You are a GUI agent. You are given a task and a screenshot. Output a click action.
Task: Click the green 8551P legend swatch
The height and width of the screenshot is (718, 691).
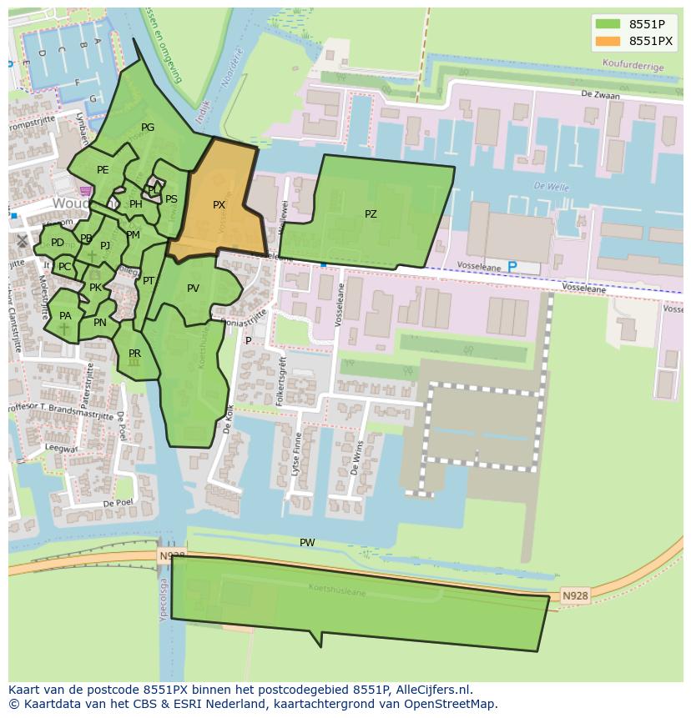(608, 24)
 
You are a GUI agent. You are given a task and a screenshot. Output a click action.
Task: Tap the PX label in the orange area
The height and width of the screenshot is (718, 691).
(219, 205)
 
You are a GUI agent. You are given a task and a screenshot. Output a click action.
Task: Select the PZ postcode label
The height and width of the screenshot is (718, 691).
(371, 214)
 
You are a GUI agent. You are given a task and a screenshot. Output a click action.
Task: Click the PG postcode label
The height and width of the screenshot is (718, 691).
(148, 128)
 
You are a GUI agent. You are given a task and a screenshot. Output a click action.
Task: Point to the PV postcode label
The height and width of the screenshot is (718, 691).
(193, 289)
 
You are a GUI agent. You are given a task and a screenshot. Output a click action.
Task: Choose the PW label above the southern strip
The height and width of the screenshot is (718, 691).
(307, 543)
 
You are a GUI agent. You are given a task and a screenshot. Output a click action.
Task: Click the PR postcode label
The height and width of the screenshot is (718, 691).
(134, 354)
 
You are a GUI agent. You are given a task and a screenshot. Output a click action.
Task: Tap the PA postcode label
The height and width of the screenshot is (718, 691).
(65, 316)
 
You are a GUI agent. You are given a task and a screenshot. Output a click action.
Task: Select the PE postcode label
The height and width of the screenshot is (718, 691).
(103, 170)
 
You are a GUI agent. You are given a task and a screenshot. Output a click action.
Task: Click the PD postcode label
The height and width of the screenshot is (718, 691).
(57, 243)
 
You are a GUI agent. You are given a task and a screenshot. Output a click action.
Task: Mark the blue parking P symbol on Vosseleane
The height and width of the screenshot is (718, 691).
(512, 267)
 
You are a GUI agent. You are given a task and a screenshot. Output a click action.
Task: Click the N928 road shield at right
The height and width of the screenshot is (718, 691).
(574, 595)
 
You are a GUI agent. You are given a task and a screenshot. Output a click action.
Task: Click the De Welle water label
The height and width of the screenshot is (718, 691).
(551, 188)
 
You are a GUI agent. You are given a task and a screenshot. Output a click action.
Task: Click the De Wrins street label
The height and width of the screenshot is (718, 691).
(357, 457)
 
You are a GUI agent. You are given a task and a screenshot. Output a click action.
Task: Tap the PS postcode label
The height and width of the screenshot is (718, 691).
(171, 199)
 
